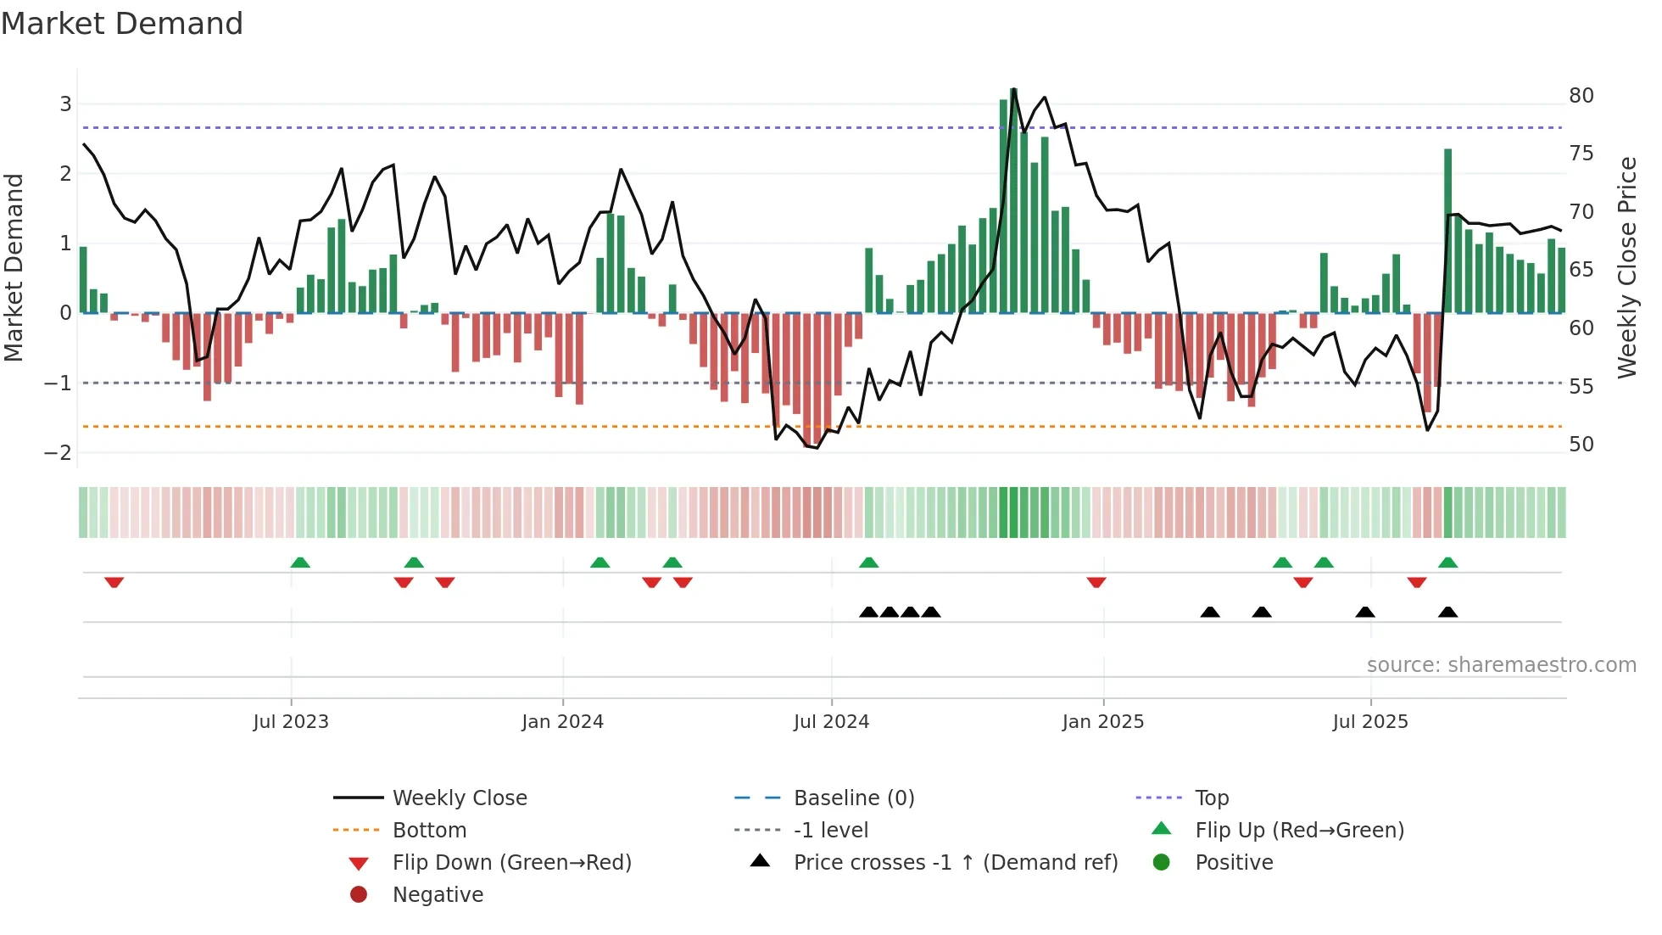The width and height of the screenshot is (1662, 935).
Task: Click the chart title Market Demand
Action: (x=122, y=24)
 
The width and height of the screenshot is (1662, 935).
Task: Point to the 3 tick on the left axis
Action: (x=65, y=104)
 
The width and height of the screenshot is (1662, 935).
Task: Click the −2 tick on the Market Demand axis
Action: (x=58, y=452)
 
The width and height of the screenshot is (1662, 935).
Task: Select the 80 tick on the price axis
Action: (x=1581, y=95)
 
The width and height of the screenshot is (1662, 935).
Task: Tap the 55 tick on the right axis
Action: (x=1581, y=386)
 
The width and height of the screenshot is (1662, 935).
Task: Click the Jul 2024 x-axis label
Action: (x=831, y=722)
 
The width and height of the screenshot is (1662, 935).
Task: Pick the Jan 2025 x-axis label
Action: (x=1102, y=722)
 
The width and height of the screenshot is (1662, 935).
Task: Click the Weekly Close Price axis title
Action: (x=1626, y=267)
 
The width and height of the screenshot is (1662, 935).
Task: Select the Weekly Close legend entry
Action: (x=459, y=798)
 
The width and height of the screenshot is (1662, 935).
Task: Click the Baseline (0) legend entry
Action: (x=853, y=798)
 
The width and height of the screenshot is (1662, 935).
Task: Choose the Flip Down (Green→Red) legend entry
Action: (x=511, y=863)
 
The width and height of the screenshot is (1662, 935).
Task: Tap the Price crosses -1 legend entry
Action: (x=955, y=863)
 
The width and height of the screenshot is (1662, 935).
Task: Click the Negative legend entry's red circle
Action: (x=359, y=894)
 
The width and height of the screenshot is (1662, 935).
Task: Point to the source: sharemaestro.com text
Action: (x=1501, y=665)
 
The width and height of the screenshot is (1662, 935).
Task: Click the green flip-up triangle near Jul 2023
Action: (x=300, y=563)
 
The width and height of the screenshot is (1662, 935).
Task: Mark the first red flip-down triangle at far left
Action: (x=114, y=582)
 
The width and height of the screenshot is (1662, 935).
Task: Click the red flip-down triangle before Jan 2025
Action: (x=1096, y=582)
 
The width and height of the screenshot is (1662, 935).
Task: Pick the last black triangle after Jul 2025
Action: (x=1448, y=612)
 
